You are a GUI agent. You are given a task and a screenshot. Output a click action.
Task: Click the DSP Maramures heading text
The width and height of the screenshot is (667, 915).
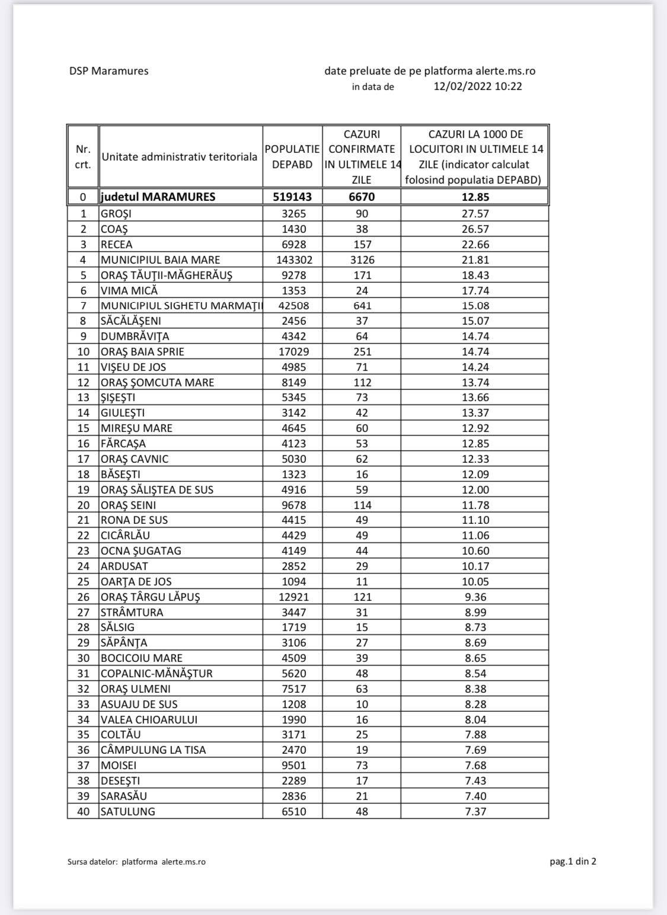tap(108, 71)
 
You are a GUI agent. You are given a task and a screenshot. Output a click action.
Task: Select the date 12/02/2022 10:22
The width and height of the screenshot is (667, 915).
tap(478, 87)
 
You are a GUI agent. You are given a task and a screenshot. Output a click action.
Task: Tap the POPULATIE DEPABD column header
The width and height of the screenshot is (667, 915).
tap(292, 156)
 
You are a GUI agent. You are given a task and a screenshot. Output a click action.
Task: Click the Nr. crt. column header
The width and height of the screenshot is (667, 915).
tap(83, 156)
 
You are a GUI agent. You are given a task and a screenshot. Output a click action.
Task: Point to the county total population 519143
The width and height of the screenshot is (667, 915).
tap(292, 197)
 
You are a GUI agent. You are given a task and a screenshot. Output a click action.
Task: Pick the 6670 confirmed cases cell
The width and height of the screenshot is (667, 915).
tap(362, 197)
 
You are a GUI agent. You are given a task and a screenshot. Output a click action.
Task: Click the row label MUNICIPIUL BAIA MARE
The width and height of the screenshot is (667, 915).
tap(160, 260)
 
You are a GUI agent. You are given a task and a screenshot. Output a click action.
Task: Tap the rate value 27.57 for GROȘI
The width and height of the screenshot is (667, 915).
tap(475, 213)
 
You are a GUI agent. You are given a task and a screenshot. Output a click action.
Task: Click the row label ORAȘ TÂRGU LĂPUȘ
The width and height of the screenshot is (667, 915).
tap(150, 597)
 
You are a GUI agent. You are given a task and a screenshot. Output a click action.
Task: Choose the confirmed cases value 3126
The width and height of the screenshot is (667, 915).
tap(362, 260)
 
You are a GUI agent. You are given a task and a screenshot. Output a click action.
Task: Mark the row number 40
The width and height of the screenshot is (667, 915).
tap(83, 811)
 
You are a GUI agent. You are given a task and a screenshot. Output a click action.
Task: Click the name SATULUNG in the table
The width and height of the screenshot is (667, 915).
tap(127, 811)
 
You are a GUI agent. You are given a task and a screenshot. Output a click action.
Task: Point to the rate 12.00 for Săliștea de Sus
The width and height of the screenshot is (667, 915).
tap(475, 490)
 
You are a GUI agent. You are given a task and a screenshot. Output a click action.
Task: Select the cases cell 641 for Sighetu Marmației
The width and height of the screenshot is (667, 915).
tap(362, 306)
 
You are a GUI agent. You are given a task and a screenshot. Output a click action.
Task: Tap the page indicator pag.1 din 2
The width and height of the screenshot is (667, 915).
tap(573, 861)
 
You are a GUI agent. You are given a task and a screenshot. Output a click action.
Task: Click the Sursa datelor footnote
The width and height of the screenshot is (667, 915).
tap(136, 862)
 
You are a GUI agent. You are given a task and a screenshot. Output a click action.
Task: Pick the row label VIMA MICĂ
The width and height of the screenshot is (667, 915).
tap(129, 290)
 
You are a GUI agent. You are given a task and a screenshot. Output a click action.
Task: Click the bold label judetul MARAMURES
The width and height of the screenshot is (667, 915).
tap(158, 197)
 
